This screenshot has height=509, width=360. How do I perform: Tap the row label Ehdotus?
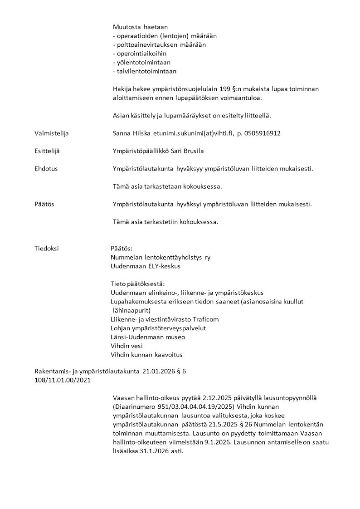pos(46,169)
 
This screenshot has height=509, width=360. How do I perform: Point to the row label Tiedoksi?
pos(46,249)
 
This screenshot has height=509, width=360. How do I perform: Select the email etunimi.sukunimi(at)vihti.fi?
pos(190,133)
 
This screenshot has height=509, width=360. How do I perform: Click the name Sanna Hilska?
pos(129,133)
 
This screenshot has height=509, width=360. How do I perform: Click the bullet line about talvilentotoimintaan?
pos(144,71)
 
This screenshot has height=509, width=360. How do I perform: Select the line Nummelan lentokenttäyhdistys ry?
pos(161,257)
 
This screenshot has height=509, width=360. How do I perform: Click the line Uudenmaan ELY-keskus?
pos(146,266)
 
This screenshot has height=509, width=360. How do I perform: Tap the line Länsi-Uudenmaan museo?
pos(148,337)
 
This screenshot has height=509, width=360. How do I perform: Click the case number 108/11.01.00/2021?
pos(62,380)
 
